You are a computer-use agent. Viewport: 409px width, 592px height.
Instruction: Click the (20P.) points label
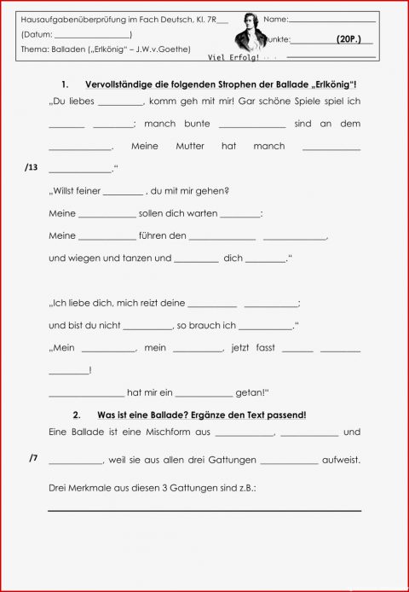click(x=349, y=39)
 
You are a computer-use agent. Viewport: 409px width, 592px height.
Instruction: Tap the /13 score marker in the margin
click(x=32, y=169)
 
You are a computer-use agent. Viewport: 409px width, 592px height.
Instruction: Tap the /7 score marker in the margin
click(x=33, y=458)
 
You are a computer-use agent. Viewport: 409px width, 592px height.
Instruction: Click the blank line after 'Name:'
click(x=332, y=19)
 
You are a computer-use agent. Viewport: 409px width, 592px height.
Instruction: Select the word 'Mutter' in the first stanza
click(x=190, y=146)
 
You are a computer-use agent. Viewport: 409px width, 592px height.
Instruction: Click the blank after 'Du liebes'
click(x=120, y=101)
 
